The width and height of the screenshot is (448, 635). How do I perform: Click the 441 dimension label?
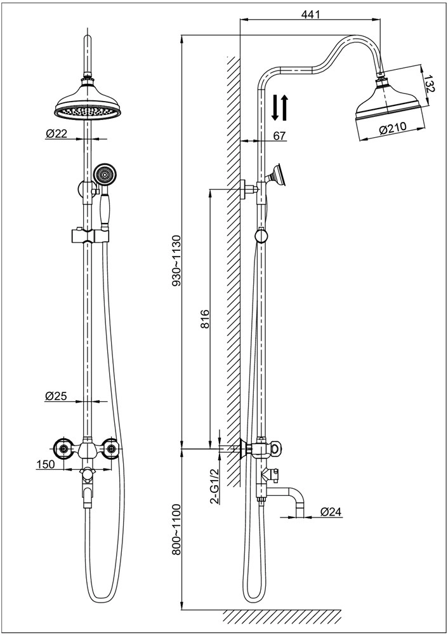click(x=310, y=14)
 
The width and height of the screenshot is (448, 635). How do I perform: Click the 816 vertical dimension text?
click(x=205, y=317)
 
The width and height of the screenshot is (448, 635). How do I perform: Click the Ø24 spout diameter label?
click(x=333, y=511)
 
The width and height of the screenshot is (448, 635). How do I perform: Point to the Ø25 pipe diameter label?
click(x=56, y=396)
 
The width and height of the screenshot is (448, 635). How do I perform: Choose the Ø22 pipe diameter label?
click(x=56, y=133)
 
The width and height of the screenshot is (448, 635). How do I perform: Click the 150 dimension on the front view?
click(x=45, y=465)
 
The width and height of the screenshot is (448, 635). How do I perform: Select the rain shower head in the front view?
click(x=88, y=102)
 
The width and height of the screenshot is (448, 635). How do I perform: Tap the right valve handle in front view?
click(x=113, y=448)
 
